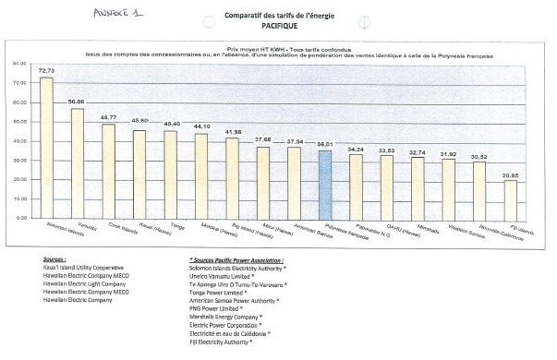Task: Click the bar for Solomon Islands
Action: (46, 148)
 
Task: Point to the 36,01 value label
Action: (324, 145)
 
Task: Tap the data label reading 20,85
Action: (510, 174)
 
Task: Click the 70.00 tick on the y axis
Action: (19, 83)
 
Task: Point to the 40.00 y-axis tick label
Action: (19, 141)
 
